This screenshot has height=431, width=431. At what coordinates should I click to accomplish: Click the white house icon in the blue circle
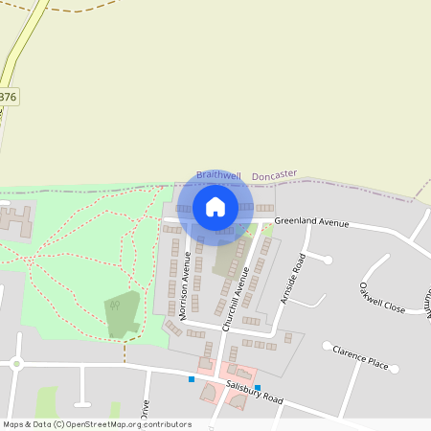[215, 206]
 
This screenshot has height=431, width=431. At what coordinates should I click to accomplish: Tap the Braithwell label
[217, 174]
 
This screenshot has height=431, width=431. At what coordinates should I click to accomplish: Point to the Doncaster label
[275, 175]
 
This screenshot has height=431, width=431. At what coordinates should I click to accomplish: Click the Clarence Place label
[360, 358]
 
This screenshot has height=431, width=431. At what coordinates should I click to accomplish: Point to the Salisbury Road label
[256, 392]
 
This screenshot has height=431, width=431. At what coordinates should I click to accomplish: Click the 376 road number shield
[8, 97]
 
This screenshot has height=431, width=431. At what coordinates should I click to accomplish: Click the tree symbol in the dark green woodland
[115, 306]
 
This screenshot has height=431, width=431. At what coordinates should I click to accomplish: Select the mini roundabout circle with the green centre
[16, 362]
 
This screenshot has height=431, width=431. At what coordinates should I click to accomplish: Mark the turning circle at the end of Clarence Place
[327, 346]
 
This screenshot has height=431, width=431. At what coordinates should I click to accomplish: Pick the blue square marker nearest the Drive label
[192, 379]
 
